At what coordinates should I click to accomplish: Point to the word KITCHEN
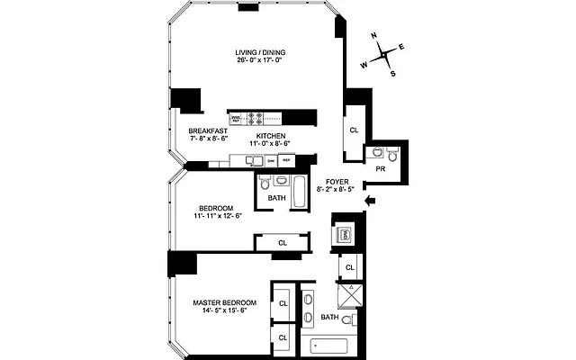[271, 135]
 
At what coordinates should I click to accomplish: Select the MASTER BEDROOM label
[225, 302]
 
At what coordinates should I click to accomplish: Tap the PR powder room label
[381, 168]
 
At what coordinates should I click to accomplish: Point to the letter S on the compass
[392, 74]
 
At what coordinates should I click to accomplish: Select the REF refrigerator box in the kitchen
[286, 160]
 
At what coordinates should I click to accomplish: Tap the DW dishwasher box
[270, 160]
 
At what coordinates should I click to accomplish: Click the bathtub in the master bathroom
[328, 345]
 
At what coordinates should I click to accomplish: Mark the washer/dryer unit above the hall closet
[345, 235]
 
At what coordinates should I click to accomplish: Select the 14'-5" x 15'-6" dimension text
[225, 311]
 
